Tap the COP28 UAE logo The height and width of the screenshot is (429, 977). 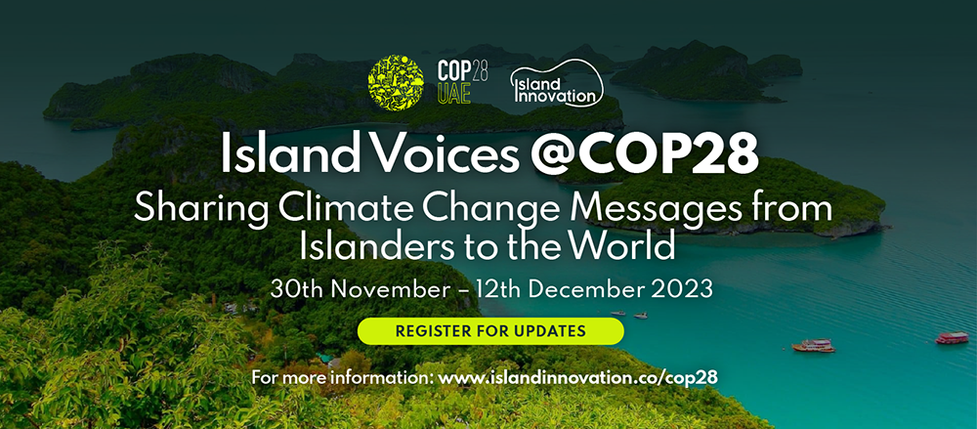[462, 82]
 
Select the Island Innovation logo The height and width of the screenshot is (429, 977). [557, 83]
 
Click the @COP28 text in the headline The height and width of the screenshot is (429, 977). [644, 152]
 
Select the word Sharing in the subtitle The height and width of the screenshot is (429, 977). [200, 208]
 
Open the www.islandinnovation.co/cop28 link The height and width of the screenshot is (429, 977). [578, 378]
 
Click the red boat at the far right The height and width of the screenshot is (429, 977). [952, 337]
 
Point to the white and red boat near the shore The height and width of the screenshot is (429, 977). [813, 345]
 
